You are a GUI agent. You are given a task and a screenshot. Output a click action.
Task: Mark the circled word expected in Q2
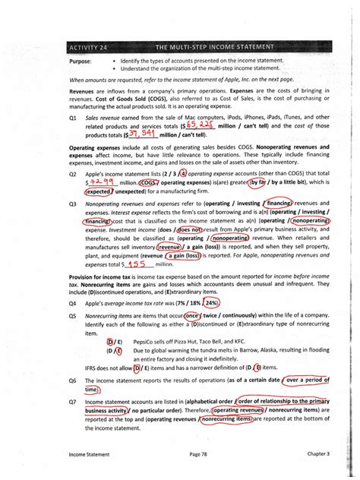click(x=99, y=194)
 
